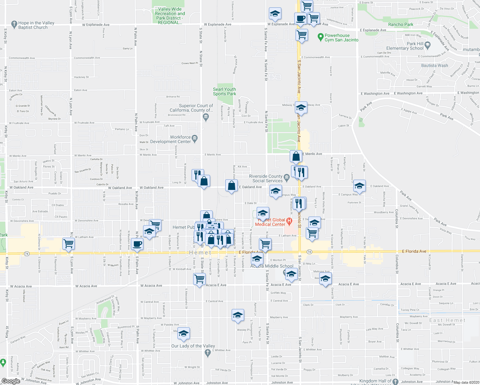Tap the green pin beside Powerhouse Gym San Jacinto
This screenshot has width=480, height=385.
(x=320, y=38)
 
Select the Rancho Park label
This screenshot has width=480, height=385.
(x=400, y=24)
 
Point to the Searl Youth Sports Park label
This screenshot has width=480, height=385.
(x=225, y=91)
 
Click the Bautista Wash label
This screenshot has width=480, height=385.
(x=434, y=65)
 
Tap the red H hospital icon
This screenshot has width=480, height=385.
(x=289, y=221)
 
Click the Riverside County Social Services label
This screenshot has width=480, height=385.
(x=266, y=178)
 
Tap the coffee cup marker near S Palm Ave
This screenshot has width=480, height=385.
(x=137, y=244)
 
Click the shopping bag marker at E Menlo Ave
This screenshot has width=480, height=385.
(x=296, y=156)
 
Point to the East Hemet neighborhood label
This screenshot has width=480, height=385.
(x=447, y=320)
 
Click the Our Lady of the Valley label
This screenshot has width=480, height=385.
(x=193, y=346)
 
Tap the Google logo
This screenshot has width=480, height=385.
(x=11, y=381)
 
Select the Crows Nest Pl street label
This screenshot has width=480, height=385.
(x=189, y=63)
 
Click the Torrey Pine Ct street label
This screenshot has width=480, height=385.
(x=410, y=310)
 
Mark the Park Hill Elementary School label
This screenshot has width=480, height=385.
(x=405, y=46)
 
